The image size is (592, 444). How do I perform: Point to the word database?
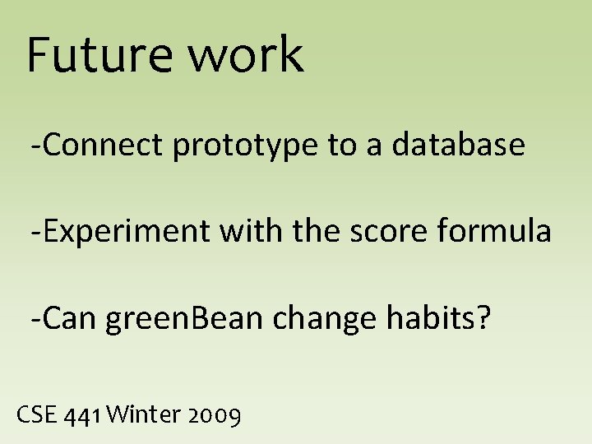[x=458, y=145]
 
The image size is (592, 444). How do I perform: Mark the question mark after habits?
[x=483, y=317]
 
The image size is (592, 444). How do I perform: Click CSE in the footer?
[x=36, y=414]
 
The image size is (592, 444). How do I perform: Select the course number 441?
[x=85, y=415]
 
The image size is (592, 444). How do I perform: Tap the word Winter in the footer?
[x=143, y=414]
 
